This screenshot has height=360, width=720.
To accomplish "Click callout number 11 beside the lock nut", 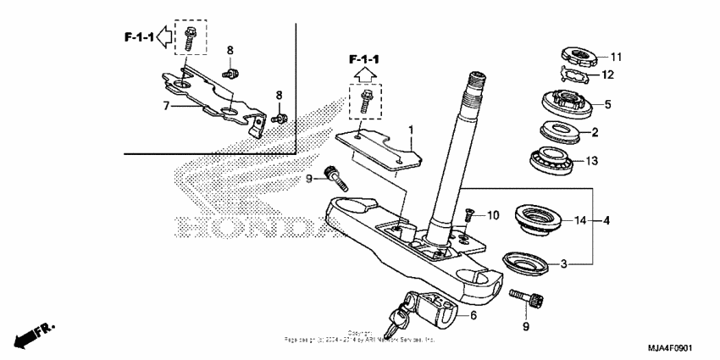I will click(616, 58).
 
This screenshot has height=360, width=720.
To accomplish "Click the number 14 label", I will click(579, 221).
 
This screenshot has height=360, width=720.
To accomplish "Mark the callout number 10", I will click(492, 217).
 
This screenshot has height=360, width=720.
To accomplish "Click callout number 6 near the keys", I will click(473, 315).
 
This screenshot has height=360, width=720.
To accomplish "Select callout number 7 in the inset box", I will click(167, 106).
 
